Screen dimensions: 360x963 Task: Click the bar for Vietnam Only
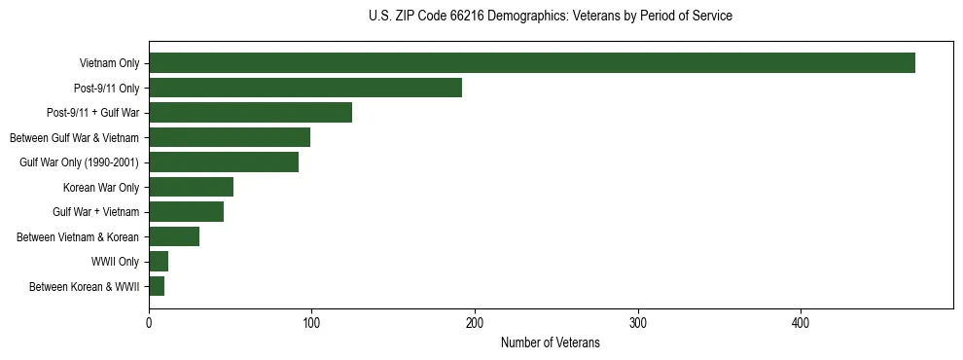click(x=531, y=63)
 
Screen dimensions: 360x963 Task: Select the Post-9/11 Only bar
click(x=305, y=88)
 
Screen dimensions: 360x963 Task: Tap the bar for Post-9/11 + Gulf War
click(x=250, y=113)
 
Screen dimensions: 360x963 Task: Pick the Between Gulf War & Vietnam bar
click(x=230, y=137)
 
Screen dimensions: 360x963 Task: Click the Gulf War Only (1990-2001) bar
click(x=224, y=162)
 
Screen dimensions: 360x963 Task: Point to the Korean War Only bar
click(x=191, y=187)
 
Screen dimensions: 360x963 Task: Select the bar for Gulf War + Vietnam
click(x=186, y=212)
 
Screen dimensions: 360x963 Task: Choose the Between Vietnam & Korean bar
click(x=174, y=236)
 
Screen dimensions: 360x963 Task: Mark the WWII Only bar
click(x=159, y=262)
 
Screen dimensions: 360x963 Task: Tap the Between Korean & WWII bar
click(x=157, y=286)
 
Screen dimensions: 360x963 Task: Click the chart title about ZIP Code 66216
click(x=551, y=17)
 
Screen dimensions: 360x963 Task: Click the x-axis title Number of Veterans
click(x=551, y=343)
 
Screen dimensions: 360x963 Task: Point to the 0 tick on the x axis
click(x=149, y=322)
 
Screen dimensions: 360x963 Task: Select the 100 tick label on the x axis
click(x=311, y=322)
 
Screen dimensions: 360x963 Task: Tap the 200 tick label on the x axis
click(x=475, y=322)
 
